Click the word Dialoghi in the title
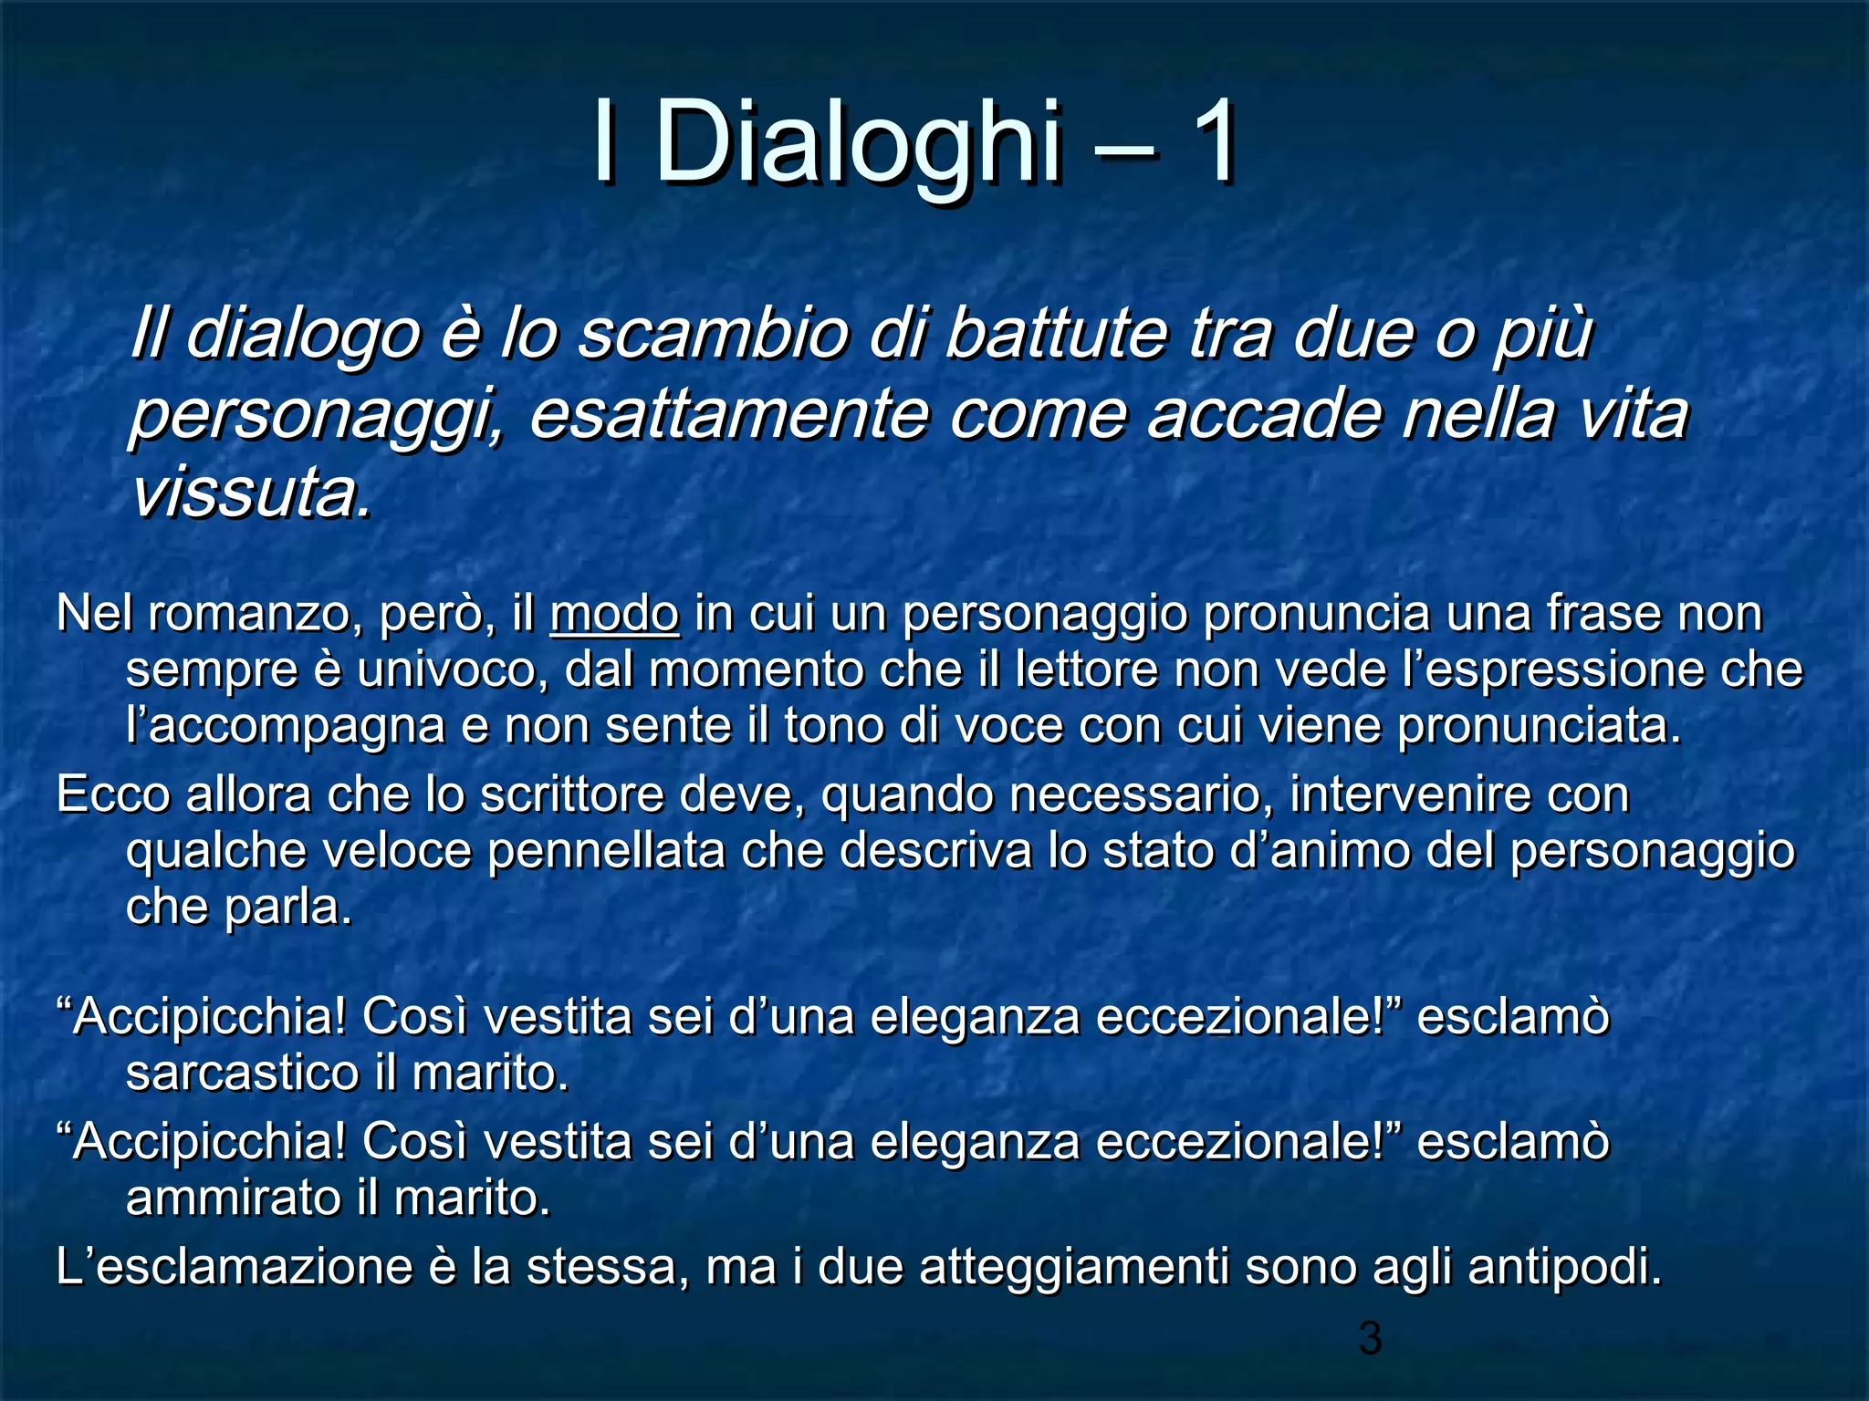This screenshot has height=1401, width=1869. point(858,144)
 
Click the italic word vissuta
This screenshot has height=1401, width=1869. point(251,493)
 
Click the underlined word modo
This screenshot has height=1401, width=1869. point(614,613)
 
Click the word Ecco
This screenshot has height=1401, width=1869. point(113,794)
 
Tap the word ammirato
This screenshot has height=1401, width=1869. point(234,1198)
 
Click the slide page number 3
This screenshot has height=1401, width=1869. point(1370,1337)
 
